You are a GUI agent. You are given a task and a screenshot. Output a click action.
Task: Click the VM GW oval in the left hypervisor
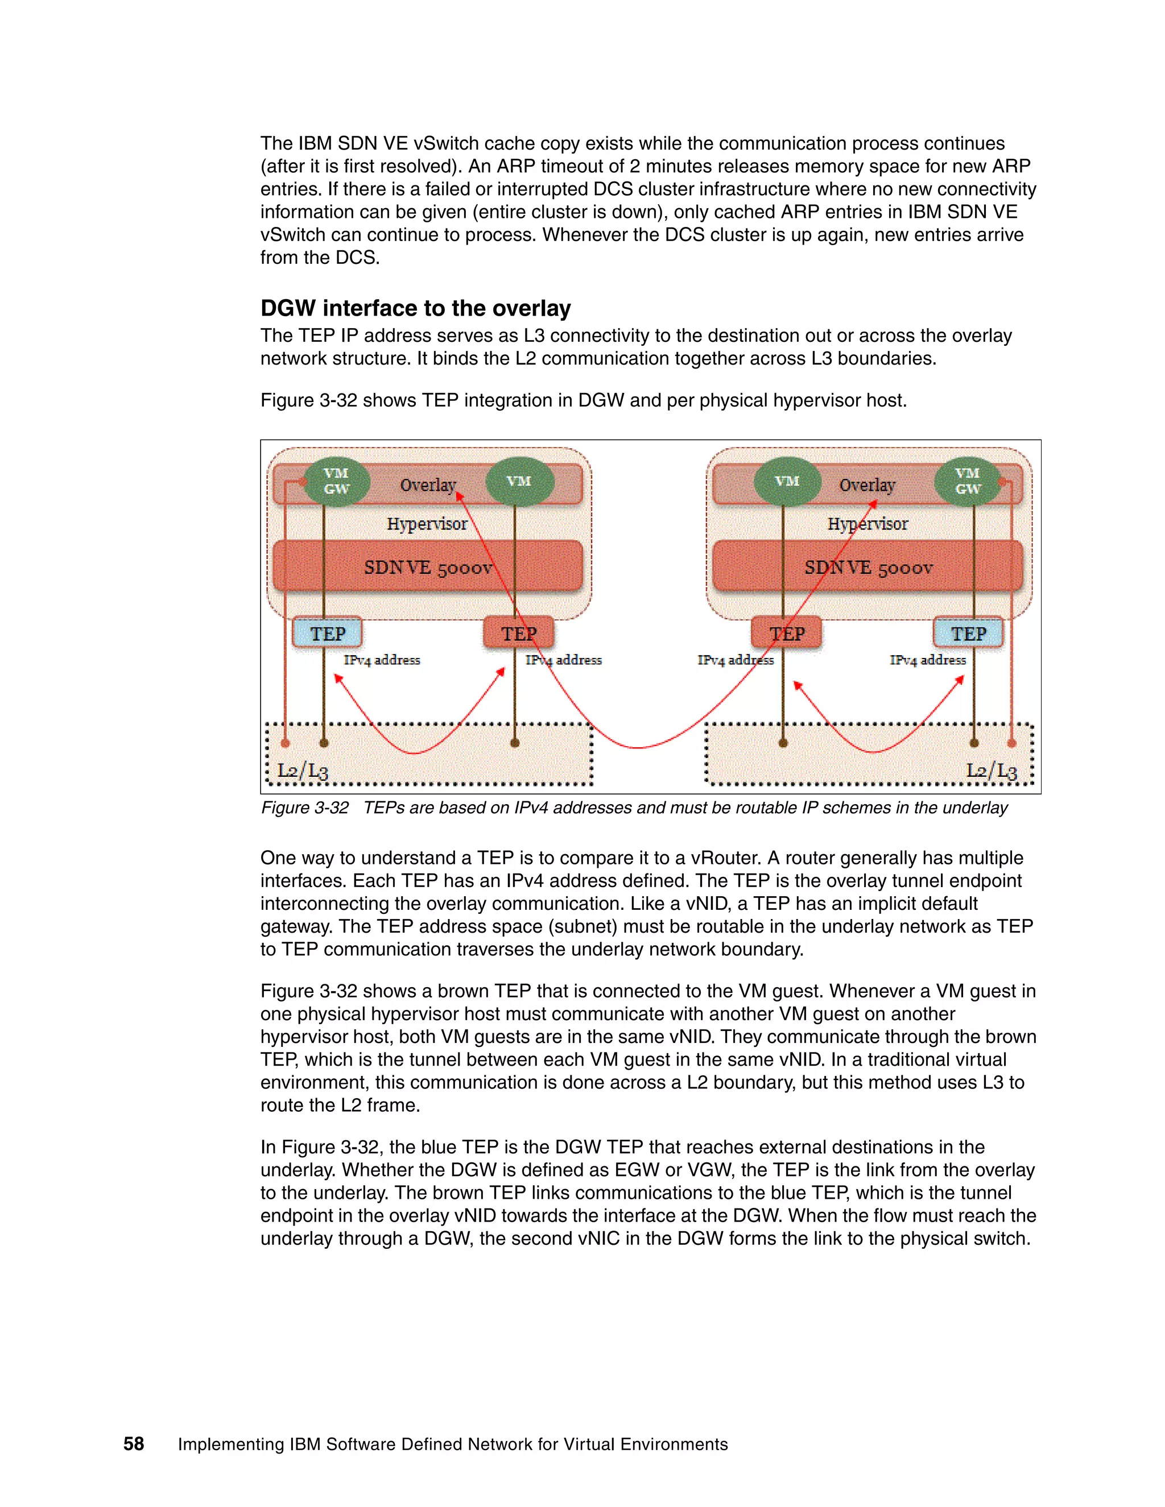[336, 482]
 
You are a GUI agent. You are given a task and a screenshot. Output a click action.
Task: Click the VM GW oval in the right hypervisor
[968, 482]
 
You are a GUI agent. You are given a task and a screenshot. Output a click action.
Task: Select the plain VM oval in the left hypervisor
[519, 482]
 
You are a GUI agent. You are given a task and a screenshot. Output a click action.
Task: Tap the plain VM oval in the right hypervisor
[787, 482]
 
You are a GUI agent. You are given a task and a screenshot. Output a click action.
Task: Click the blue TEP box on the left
[327, 634]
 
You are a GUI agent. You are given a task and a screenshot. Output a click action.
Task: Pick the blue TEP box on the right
[968, 634]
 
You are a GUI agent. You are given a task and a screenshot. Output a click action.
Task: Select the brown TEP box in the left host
[518, 634]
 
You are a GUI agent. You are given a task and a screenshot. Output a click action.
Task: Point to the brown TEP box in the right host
[787, 634]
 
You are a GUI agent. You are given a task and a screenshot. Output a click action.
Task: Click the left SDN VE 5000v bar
[428, 567]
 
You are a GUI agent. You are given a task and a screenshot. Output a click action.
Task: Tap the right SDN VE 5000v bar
[867, 567]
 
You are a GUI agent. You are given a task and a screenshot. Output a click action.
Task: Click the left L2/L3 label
[302, 771]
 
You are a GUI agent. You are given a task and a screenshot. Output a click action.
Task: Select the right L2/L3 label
[991, 771]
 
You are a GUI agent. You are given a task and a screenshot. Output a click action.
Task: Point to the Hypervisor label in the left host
[427, 524]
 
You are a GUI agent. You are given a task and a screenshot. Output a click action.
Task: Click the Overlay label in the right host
[867, 485]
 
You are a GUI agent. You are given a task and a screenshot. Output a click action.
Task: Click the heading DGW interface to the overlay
[415, 308]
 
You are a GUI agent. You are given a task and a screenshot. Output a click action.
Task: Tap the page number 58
[133, 1444]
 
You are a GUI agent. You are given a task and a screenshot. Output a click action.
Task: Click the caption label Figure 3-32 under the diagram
[304, 808]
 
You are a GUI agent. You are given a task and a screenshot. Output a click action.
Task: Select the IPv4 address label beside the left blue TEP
[382, 660]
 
